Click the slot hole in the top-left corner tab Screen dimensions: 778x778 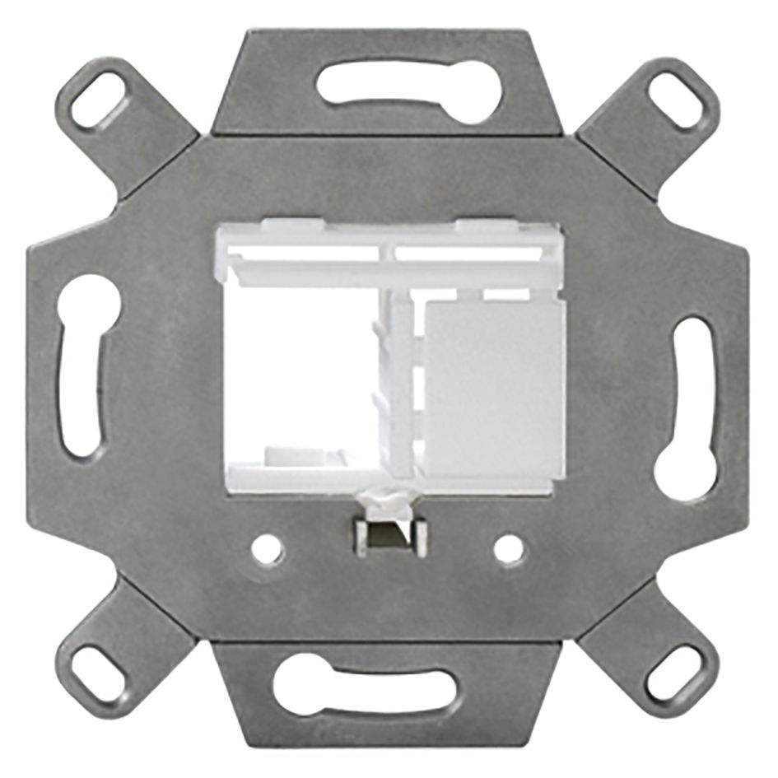[x=98, y=100]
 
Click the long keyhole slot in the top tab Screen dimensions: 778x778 [x=409, y=93]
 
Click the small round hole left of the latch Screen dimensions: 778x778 [x=267, y=550]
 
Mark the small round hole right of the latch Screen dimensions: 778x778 [x=509, y=549]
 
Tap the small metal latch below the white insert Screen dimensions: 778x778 [x=390, y=537]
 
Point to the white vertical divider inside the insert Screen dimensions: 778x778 [x=401, y=387]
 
